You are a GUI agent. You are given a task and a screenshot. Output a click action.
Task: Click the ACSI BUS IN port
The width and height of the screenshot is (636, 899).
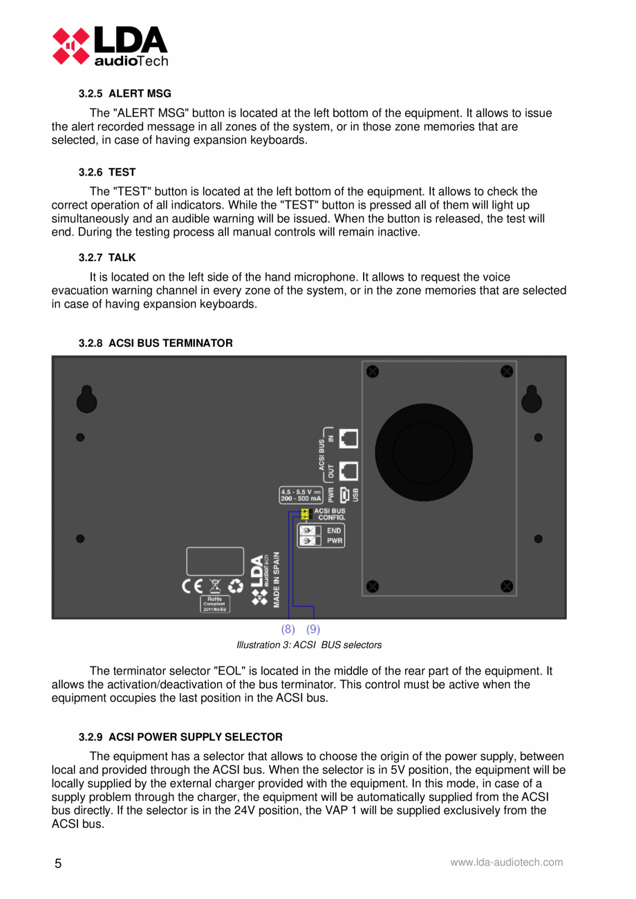click(x=350, y=437)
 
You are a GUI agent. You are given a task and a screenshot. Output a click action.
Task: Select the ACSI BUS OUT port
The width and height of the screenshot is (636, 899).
click(x=350, y=471)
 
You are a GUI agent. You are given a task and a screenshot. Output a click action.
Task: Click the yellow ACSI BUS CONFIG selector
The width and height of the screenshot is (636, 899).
click(x=304, y=513)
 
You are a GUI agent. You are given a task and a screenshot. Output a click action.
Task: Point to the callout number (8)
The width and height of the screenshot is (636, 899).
click(x=288, y=629)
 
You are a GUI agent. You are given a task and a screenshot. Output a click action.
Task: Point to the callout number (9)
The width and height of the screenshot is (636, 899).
click(x=313, y=629)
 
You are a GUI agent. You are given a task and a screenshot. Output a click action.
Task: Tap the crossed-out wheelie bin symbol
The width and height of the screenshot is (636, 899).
click(x=215, y=586)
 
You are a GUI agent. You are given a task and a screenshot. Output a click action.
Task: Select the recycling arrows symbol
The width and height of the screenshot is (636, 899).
click(x=236, y=586)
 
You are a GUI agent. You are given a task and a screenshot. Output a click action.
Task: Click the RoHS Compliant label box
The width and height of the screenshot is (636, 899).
click(x=215, y=605)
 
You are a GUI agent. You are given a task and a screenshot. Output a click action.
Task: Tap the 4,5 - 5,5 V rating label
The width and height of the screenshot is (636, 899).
click(x=300, y=495)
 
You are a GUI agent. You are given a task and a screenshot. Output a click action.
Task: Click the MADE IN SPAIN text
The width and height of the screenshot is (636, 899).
click(x=276, y=579)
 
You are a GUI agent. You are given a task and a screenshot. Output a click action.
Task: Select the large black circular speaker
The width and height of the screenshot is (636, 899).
click(x=423, y=453)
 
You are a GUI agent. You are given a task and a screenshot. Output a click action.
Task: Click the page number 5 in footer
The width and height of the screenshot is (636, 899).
click(x=57, y=864)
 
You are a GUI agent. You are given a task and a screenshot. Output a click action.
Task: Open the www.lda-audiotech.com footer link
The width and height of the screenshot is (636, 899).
click(x=506, y=862)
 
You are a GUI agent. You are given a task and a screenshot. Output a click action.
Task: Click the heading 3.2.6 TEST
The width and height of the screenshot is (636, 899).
click(x=107, y=172)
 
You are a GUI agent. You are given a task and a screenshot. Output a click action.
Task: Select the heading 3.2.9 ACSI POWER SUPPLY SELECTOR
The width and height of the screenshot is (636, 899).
click(x=180, y=737)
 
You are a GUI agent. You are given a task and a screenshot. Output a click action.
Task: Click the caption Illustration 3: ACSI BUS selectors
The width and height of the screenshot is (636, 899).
click(x=309, y=645)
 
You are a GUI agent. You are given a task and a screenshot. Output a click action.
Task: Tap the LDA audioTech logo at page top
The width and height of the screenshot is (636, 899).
click(x=110, y=46)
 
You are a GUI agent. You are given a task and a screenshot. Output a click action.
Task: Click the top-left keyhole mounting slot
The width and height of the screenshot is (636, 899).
click(x=86, y=399)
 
